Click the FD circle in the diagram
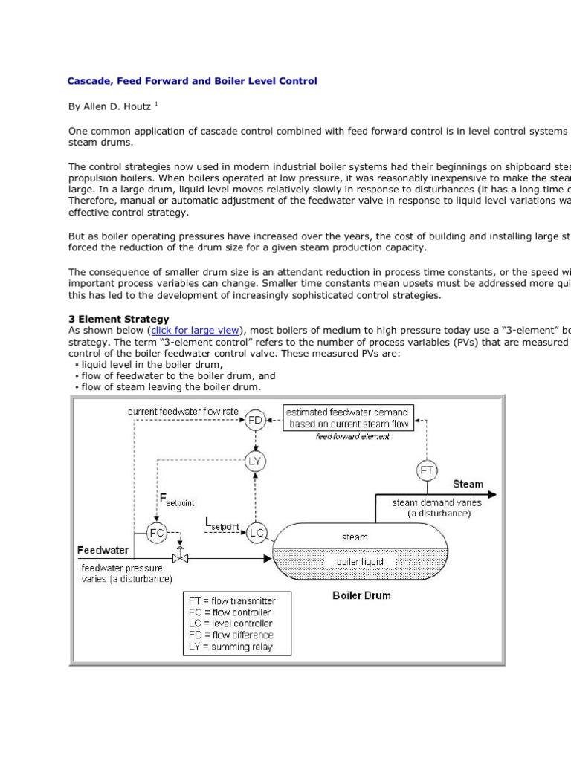point(255,420)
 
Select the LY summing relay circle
point(255,462)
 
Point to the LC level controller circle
point(257,533)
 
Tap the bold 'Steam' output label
point(468,484)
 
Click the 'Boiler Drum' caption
point(361,595)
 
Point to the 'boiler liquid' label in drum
point(360,561)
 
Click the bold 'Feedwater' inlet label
point(103,551)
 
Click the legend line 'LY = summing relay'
point(230,647)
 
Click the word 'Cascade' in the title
point(88,80)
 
